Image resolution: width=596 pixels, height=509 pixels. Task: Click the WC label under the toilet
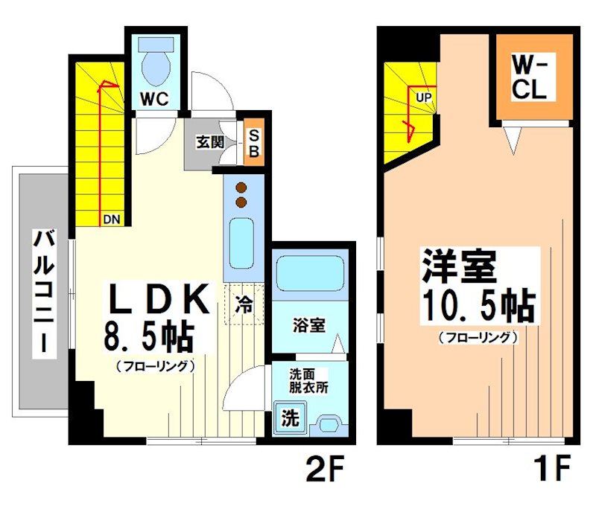coord(156,97)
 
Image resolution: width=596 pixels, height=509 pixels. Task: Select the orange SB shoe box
coord(254,143)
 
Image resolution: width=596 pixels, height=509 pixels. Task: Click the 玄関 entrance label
coord(210,142)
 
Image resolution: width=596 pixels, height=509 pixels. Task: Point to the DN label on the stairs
coord(112,220)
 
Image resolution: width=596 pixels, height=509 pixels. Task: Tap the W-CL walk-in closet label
coord(530,78)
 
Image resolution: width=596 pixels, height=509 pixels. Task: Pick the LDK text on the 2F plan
coord(158,300)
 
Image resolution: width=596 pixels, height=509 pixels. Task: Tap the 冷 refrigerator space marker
coord(244,304)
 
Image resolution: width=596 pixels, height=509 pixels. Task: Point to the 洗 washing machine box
coord(289,417)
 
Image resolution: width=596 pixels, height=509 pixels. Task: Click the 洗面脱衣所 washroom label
coord(309,381)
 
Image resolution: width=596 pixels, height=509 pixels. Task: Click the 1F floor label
coord(552,472)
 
